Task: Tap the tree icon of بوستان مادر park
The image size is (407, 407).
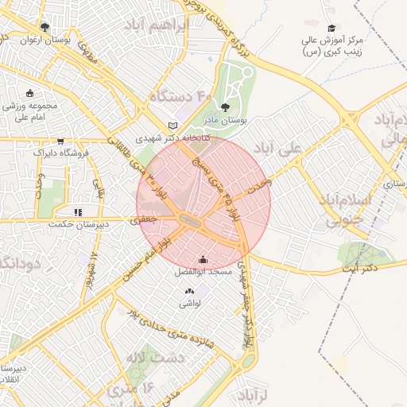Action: pyautogui.click(x=227, y=106)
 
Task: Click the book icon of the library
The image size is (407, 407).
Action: pyautogui.click(x=173, y=125)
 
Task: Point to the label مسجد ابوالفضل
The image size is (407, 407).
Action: pyautogui.click(x=203, y=273)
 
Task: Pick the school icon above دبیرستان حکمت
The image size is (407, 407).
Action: pyautogui.click(x=77, y=212)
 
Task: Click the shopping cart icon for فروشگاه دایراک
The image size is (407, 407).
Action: pyautogui.click(x=61, y=140)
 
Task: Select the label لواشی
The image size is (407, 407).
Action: pyautogui.click(x=191, y=304)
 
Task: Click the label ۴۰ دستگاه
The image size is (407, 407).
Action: pyautogui.click(x=182, y=97)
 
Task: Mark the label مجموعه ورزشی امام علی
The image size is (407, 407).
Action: pyautogui.click(x=32, y=111)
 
